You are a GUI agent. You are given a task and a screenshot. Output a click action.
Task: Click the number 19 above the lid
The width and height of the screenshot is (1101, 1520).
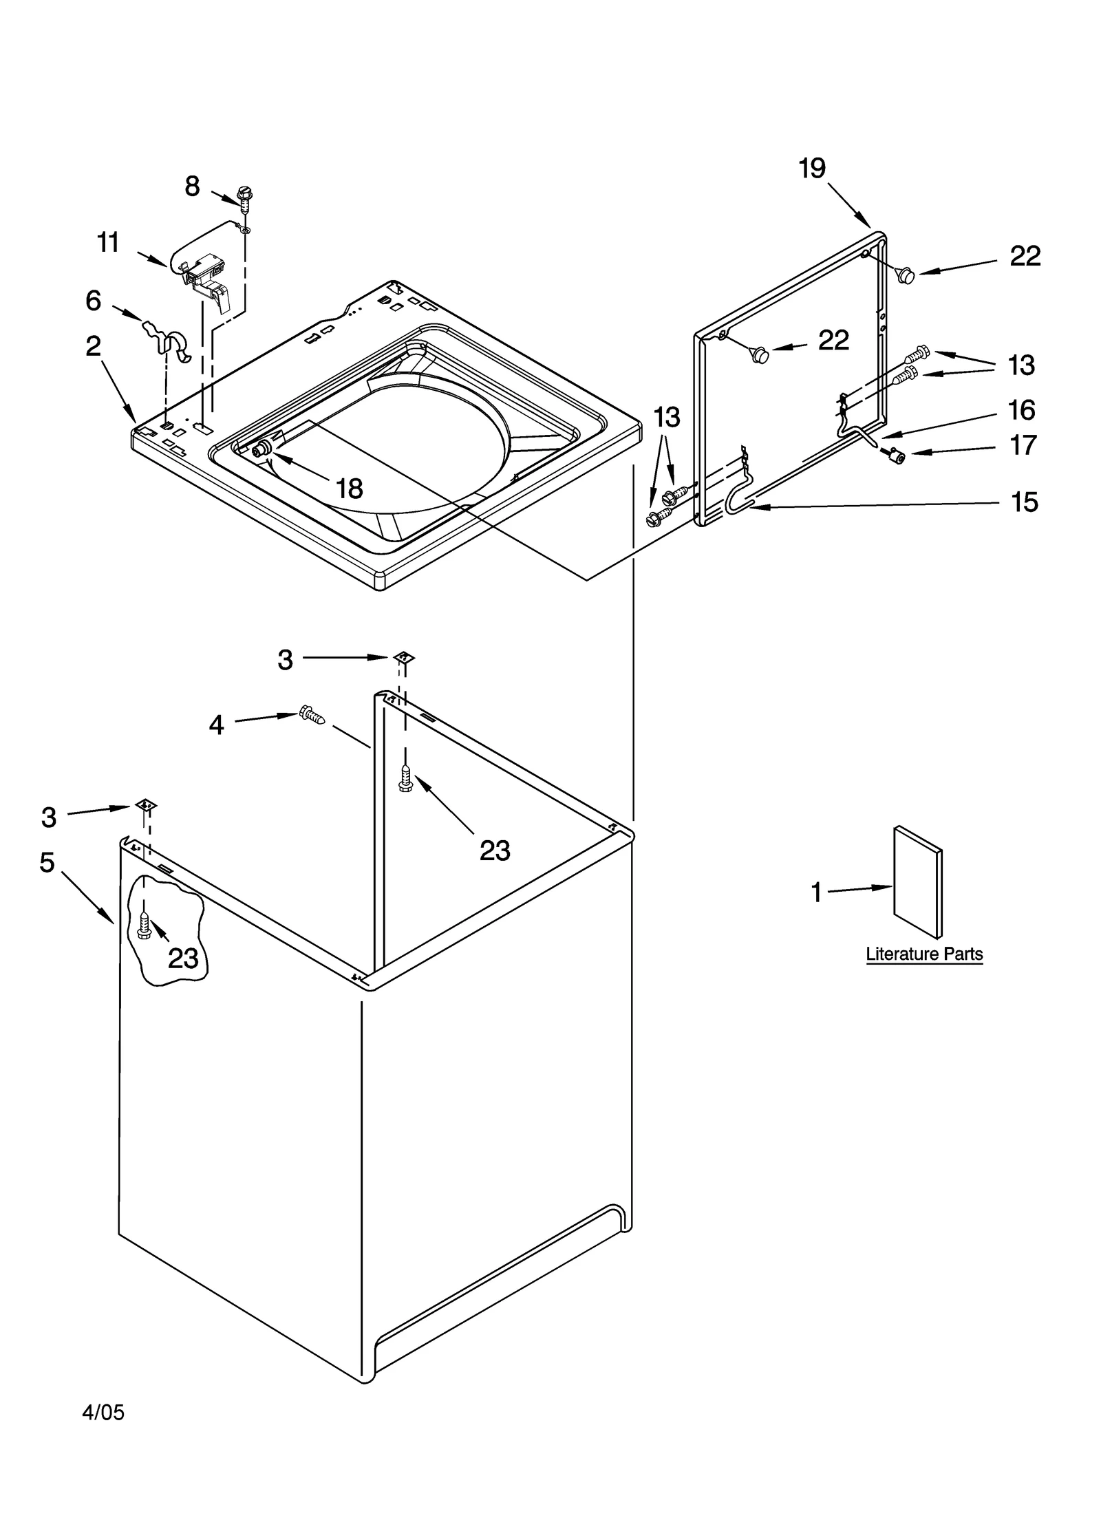pos(812,168)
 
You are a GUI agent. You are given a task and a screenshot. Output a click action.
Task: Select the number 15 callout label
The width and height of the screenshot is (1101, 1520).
pos(1024,502)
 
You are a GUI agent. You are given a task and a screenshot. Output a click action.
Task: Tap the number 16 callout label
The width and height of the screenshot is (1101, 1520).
pos(1021,410)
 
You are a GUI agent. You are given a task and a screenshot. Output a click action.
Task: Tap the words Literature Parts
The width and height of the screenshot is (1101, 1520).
pos(923,954)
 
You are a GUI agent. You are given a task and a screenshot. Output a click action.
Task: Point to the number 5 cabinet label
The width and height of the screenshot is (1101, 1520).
pos(47,862)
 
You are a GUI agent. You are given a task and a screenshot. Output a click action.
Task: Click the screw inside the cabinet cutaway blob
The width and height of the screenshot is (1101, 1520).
pos(145,925)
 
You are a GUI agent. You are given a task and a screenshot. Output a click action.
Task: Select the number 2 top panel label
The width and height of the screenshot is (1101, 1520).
pos(94,346)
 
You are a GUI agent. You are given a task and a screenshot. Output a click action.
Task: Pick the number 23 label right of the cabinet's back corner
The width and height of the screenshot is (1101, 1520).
pos(495,851)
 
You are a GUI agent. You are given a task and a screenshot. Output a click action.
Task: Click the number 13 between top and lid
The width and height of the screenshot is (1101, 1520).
pos(666,416)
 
